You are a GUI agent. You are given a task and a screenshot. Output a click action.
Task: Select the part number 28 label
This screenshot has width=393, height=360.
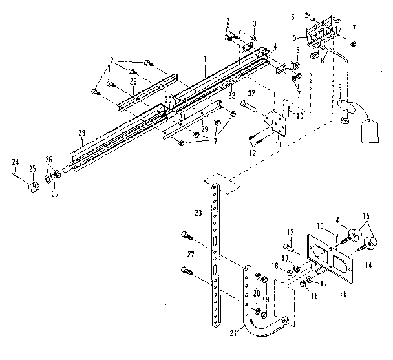[x=82, y=133]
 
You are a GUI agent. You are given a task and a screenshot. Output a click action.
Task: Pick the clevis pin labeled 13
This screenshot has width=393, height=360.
[x=289, y=246]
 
